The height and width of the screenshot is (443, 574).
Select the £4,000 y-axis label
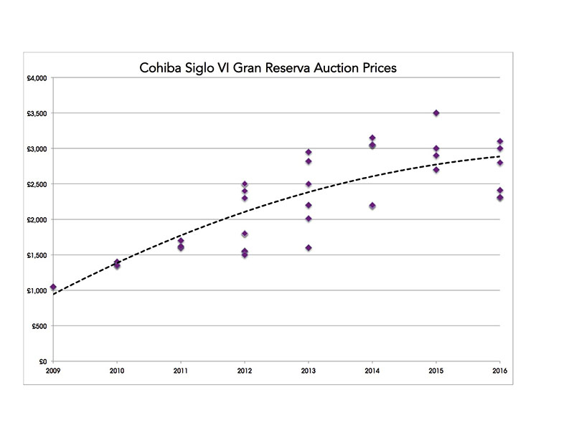(36, 78)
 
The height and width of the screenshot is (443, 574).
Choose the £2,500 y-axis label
(36, 184)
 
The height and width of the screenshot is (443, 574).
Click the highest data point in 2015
(436, 113)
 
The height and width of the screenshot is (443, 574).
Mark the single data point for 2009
(53, 287)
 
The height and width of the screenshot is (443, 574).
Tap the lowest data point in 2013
(309, 248)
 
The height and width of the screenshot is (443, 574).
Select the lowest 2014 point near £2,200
(372, 206)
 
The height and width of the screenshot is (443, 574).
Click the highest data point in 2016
(500, 141)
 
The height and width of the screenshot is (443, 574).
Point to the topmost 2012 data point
(245, 184)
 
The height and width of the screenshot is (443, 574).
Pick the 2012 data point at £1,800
(245, 234)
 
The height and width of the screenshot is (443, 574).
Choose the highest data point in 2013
(309, 152)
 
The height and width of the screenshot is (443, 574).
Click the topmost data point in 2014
(372, 138)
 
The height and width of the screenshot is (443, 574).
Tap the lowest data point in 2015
(436, 170)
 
